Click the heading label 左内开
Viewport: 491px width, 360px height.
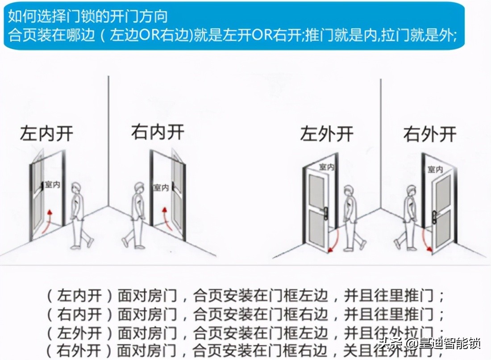click(46, 134)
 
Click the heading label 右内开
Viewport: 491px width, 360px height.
click(158, 132)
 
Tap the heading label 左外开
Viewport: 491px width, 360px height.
click(327, 134)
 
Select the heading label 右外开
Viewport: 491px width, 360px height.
click(430, 134)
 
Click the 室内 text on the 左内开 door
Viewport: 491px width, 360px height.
click(52, 184)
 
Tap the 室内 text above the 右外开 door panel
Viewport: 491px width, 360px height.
click(435, 169)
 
